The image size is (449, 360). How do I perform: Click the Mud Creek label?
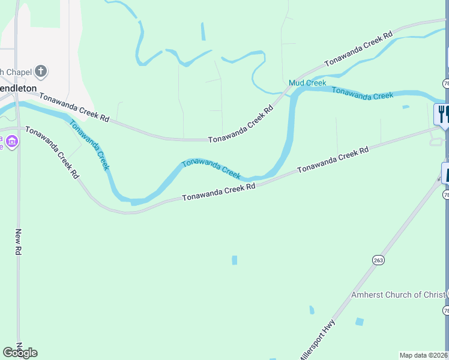tap(307, 83)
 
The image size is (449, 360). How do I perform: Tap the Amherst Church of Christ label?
tap(398, 295)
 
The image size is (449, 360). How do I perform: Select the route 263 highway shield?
tap(378, 260)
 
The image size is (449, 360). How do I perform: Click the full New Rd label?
tap(19, 242)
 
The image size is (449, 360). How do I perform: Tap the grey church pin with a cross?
tap(41, 72)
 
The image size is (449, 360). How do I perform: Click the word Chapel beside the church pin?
tap(18, 72)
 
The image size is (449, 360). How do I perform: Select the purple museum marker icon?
tap(13, 142)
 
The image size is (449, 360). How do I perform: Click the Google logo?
tap(20, 352)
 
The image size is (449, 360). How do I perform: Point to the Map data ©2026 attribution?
tap(424, 355)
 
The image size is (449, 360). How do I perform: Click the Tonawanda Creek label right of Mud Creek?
tap(363, 93)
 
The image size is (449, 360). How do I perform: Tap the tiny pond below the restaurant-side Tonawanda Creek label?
tap(406, 107)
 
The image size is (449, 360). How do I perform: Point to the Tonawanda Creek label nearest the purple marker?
tap(89, 145)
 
